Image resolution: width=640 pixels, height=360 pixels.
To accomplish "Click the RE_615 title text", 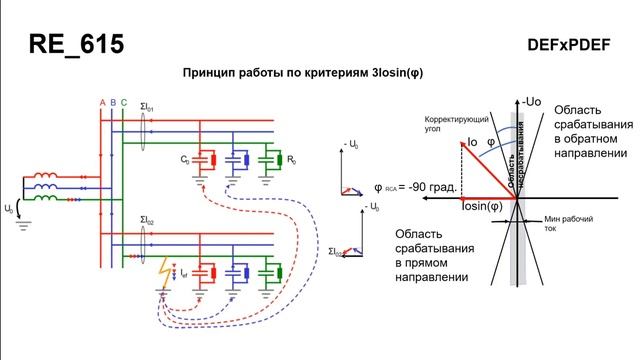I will pyautogui.click(x=77, y=46).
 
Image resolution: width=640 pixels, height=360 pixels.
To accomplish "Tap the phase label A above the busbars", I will pyautogui.click(x=102, y=103).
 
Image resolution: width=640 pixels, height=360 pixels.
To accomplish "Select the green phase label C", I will pyautogui.click(x=123, y=103).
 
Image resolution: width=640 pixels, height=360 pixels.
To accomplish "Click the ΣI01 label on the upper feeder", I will pyautogui.click(x=148, y=106).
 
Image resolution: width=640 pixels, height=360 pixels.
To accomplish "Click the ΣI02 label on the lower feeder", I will pyautogui.click(x=148, y=219).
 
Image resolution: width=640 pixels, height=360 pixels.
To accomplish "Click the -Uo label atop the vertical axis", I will pyautogui.click(x=532, y=101).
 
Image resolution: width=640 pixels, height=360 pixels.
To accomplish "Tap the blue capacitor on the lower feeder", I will pyautogui.click(x=238, y=271).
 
